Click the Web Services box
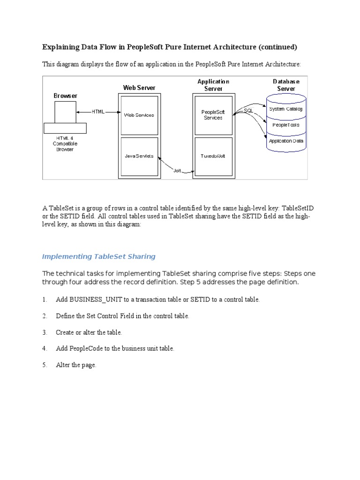[138, 115]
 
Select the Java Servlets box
[138, 156]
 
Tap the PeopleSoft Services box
[213, 115]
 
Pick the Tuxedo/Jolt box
[213, 156]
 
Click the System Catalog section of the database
[286, 109]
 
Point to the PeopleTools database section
[286, 125]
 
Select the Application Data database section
[286, 141]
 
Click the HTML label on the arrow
[98, 112]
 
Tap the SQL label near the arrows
[248, 111]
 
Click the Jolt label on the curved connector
[177, 171]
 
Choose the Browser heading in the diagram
[65, 96]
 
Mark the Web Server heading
[139, 88]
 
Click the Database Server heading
[286, 85]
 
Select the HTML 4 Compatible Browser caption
[65, 143]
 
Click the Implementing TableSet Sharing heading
[98, 256]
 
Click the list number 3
[45, 332]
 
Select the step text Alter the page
[76, 365]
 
